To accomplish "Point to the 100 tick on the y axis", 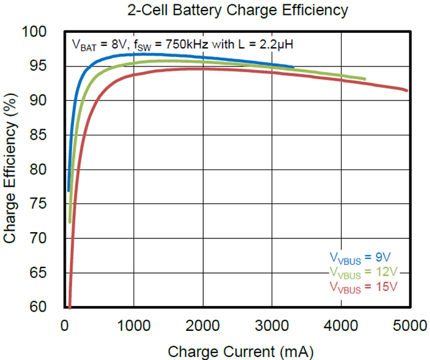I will click(43, 31).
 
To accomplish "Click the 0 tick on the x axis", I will click(65, 325).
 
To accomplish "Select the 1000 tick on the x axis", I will click(134, 325).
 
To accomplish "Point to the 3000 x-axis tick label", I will click(271, 325).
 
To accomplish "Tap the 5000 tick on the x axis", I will click(408, 325).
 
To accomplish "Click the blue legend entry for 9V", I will click(360, 257).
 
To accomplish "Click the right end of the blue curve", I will click(293, 66).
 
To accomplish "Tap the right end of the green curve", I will click(365, 79).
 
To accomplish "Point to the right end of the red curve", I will click(407, 91).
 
